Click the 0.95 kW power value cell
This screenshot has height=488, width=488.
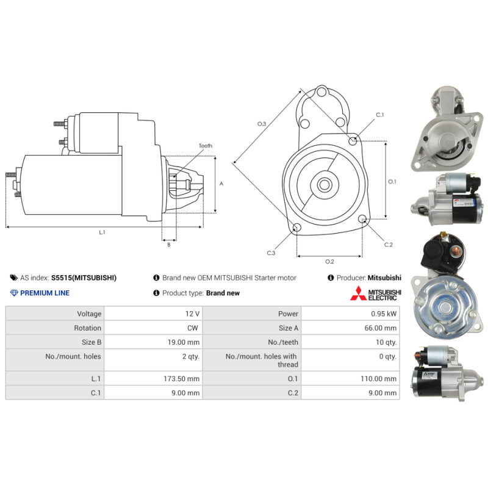coord(384,314)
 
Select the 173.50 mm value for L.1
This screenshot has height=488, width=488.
coord(181,379)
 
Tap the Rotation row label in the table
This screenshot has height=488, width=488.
coord(87,328)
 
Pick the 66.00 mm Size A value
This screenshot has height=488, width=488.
coord(380,328)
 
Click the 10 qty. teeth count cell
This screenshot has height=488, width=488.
coord(386,342)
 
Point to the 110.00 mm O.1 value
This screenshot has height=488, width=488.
coord(378,379)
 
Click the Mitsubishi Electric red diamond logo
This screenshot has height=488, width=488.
coord(359,293)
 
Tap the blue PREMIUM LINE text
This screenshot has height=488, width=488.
coord(45,293)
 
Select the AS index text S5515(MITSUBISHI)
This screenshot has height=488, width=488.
coord(84,278)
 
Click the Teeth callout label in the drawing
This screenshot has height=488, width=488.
coord(206,146)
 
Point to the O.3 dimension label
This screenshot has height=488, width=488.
coord(262,124)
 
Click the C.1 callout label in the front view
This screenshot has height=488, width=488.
coord(380,115)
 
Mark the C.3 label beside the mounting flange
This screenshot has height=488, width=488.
coord(271,253)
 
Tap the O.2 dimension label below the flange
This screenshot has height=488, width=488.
coord(329,262)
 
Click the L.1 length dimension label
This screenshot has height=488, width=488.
coord(102,232)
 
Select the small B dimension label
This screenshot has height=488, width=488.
coord(169,245)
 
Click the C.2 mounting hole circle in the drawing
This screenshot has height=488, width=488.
coord(362,219)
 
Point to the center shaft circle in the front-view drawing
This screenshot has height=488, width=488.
coord(325,185)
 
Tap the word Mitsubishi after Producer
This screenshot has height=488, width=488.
coord(384,278)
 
